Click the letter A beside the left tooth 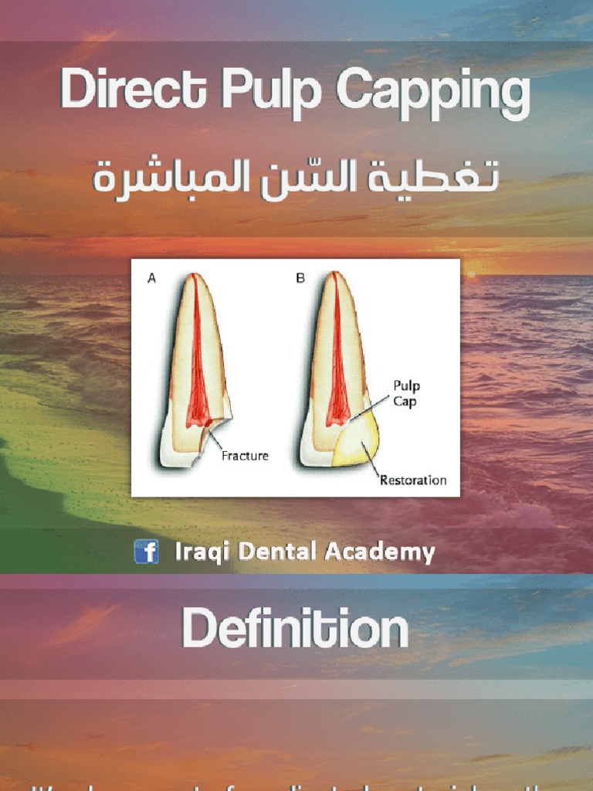151,280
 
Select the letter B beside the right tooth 300,279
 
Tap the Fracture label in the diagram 245,456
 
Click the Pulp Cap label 407,394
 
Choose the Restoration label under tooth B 413,480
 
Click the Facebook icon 146,552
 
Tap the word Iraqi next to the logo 197,552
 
